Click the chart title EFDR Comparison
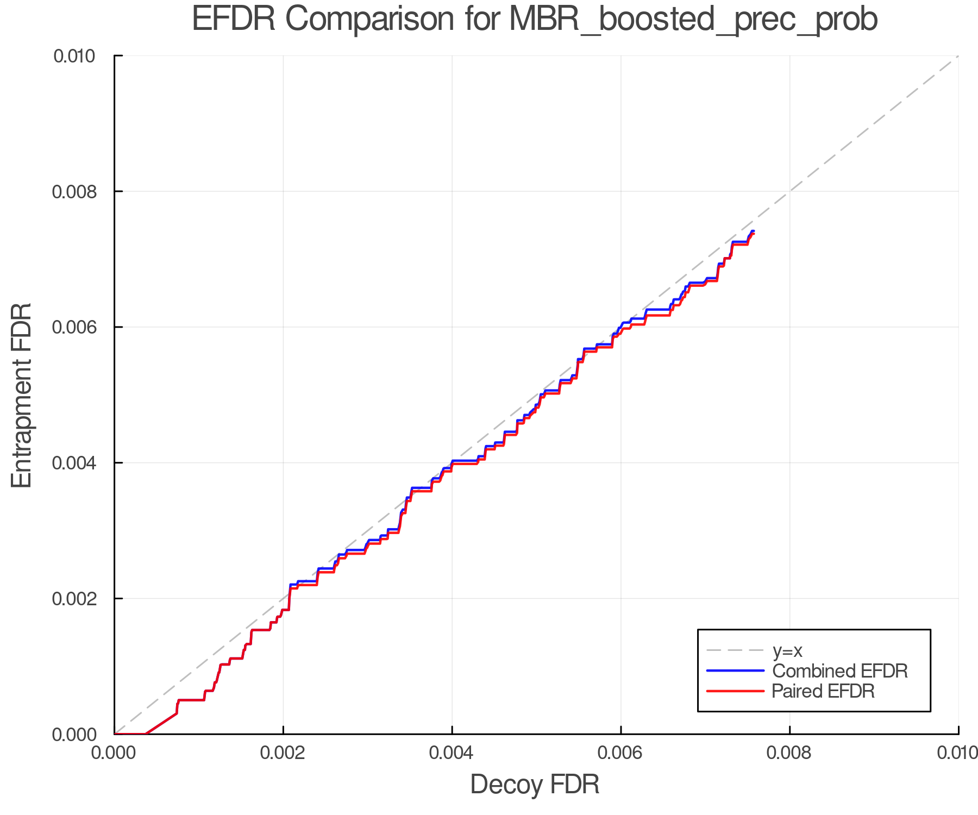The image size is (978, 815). click(535, 20)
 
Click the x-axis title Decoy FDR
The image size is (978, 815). click(535, 785)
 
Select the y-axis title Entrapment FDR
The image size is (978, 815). click(22, 395)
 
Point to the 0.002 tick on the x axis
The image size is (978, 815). click(283, 753)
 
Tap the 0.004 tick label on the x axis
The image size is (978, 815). click(452, 753)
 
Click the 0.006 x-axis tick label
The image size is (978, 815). click(620, 753)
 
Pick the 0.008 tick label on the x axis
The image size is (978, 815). click(789, 753)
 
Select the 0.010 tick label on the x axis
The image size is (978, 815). click(957, 753)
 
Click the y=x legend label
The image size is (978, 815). click(787, 650)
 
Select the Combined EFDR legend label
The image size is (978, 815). click(840, 671)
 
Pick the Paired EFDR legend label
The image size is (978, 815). click(823, 691)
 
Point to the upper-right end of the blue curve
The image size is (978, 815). click(753, 231)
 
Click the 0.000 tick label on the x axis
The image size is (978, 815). click(115, 753)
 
